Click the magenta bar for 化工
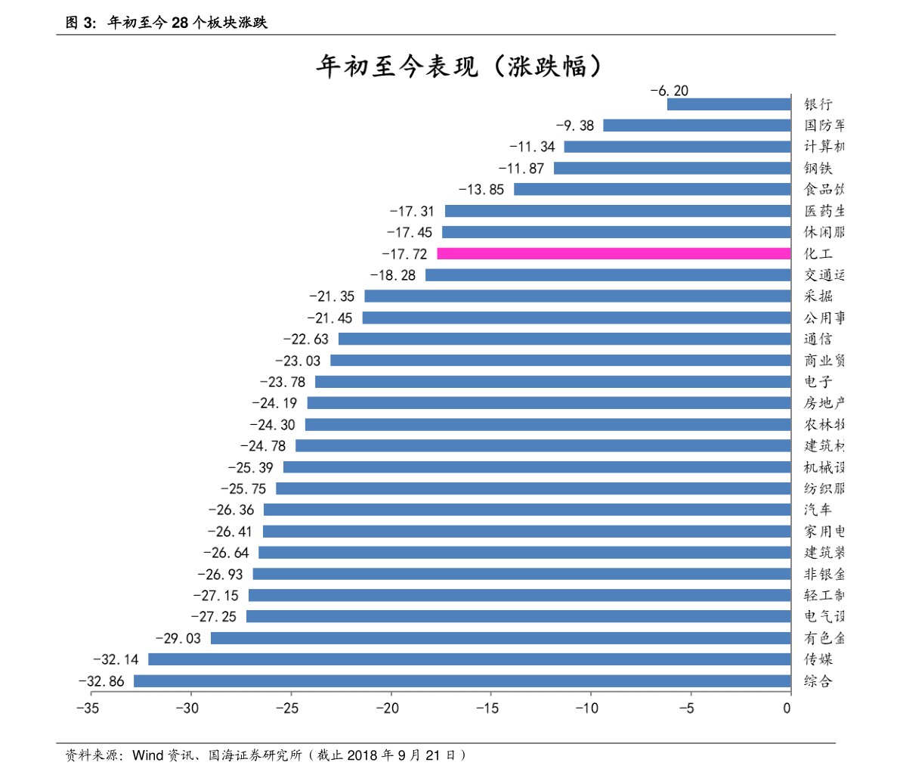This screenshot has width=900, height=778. click(614, 254)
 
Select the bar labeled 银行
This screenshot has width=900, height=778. click(728, 104)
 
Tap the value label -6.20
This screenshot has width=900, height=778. click(670, 91)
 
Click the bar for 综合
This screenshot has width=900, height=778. click(462, 681)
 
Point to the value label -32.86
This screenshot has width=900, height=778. click(101, 681)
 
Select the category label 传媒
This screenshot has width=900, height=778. click(818, 660)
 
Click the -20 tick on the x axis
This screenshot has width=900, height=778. click(388, 708)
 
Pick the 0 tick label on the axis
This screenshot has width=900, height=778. click(787, 708)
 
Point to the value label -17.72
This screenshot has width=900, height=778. click(404, 254)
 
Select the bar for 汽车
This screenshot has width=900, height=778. click(527, 510)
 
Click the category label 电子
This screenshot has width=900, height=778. click(818, 382)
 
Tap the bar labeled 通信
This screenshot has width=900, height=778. click(564, 339)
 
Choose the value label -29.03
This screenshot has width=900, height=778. click(178, 639)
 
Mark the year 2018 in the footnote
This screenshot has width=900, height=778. click(363, 755)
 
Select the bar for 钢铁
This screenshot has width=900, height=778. click(672, 169)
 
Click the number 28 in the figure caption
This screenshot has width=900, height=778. click(179, 23)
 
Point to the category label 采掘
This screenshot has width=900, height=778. click(818, 296)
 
